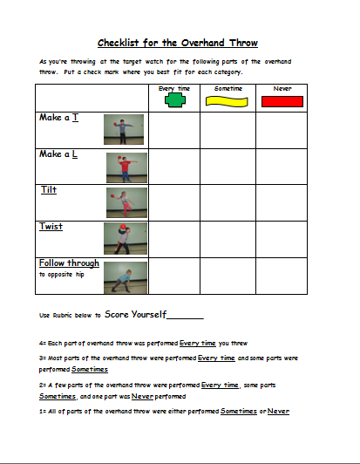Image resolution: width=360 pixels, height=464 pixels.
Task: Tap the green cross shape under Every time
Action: point(174,100)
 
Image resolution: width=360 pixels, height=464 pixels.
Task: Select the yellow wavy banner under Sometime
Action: point(228,101)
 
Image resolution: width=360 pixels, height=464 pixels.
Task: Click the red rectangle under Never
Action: point(282,101)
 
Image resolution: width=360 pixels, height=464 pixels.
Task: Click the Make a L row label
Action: point(58,154)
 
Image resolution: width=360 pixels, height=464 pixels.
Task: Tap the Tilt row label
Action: point(49,189)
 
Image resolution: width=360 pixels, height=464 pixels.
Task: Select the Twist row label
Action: point(51,227)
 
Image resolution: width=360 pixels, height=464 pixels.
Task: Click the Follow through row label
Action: point(69,263)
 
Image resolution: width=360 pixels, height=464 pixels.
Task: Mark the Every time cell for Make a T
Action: point(173,130)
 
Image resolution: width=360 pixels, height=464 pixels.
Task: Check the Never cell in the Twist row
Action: point(282,239)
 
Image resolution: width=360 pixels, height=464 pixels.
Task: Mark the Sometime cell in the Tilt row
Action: point(228,202)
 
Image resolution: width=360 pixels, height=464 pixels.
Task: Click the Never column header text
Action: point(282,88)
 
